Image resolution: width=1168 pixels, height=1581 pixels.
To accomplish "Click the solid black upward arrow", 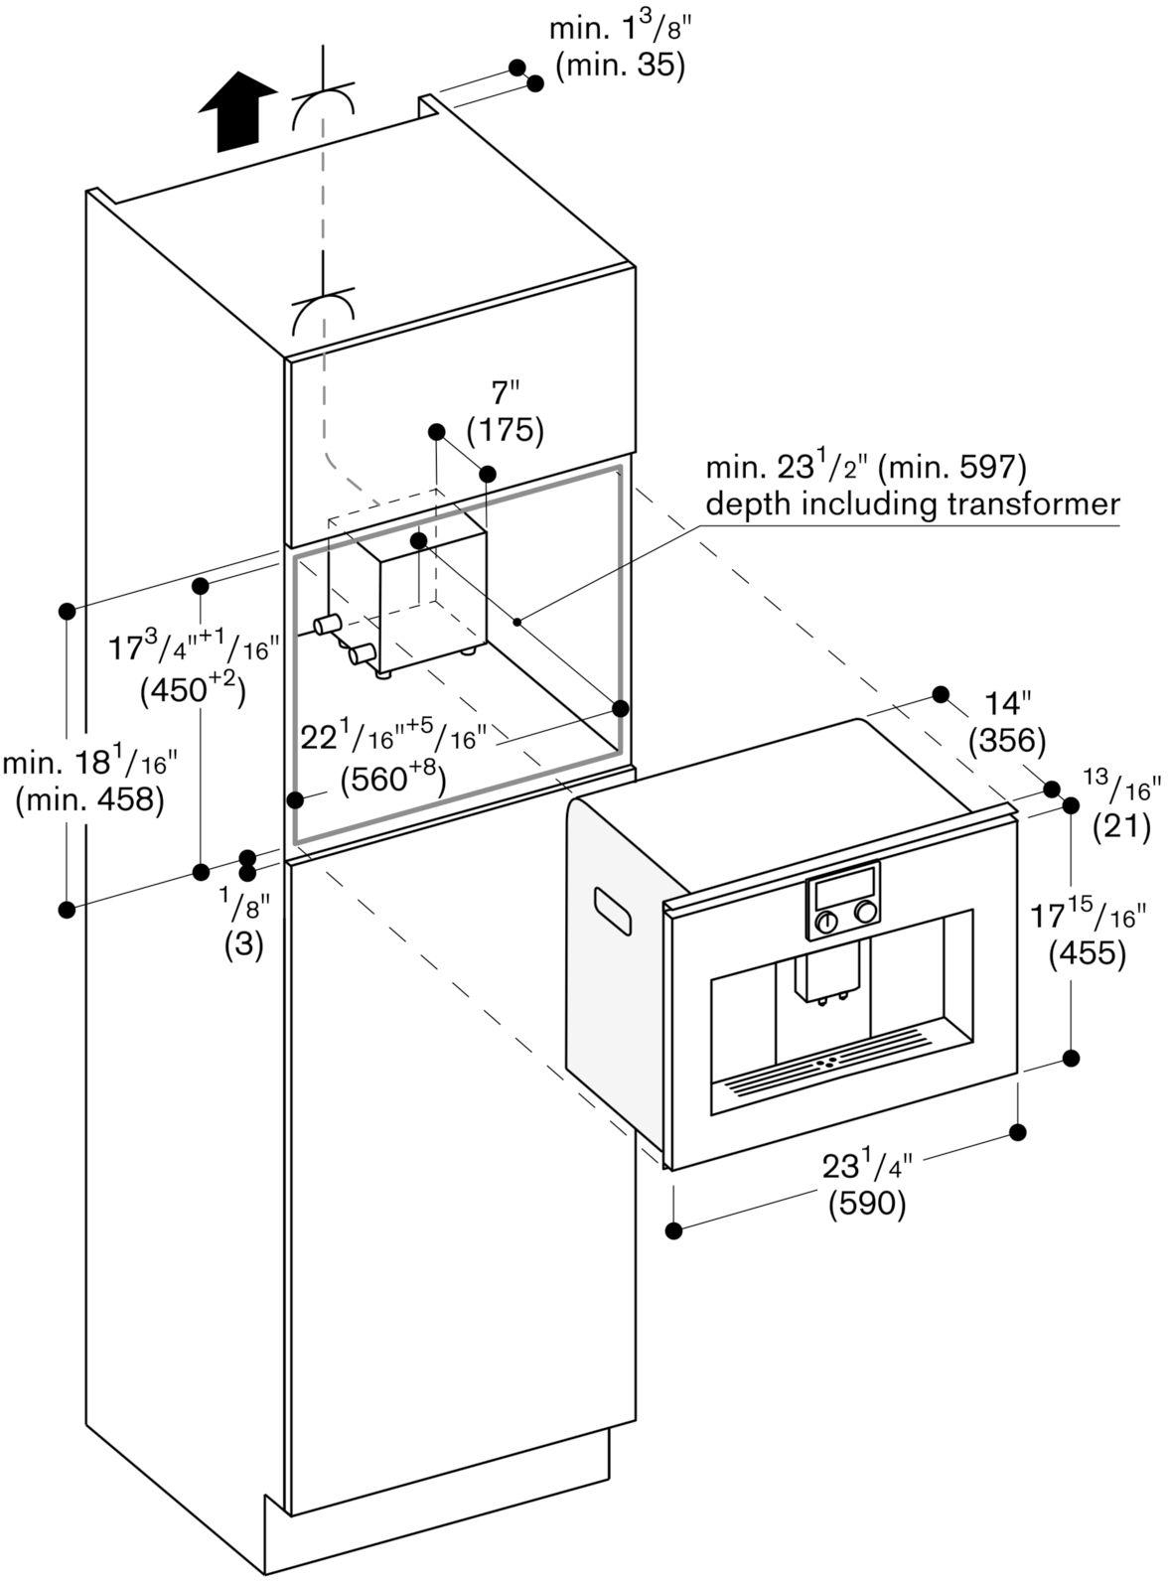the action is (237, 112).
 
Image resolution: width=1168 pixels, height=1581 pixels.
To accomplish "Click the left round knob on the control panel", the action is (827, 921).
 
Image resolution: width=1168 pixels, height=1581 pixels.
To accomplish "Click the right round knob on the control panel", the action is (866, 911).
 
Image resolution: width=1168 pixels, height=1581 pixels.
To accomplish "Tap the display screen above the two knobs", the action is (843, 885).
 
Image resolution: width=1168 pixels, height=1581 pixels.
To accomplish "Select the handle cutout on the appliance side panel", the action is (613, 911).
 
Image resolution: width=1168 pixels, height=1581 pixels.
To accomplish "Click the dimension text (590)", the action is (866, 1204).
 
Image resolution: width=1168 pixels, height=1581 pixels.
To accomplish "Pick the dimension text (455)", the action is (1087, 953).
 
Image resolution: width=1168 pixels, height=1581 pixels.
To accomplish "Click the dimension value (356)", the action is (1007, 741).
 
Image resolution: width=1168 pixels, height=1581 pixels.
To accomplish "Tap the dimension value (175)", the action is (505, 430).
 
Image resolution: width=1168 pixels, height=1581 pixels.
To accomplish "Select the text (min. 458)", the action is (89, 799).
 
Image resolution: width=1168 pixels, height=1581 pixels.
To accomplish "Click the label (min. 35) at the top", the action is (621, 66).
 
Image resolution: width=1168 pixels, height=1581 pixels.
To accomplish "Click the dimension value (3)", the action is (244, 944).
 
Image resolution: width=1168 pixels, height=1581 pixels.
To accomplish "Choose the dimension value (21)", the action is (1121, 827).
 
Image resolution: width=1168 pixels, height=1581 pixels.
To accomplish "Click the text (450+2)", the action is (193, 690).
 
